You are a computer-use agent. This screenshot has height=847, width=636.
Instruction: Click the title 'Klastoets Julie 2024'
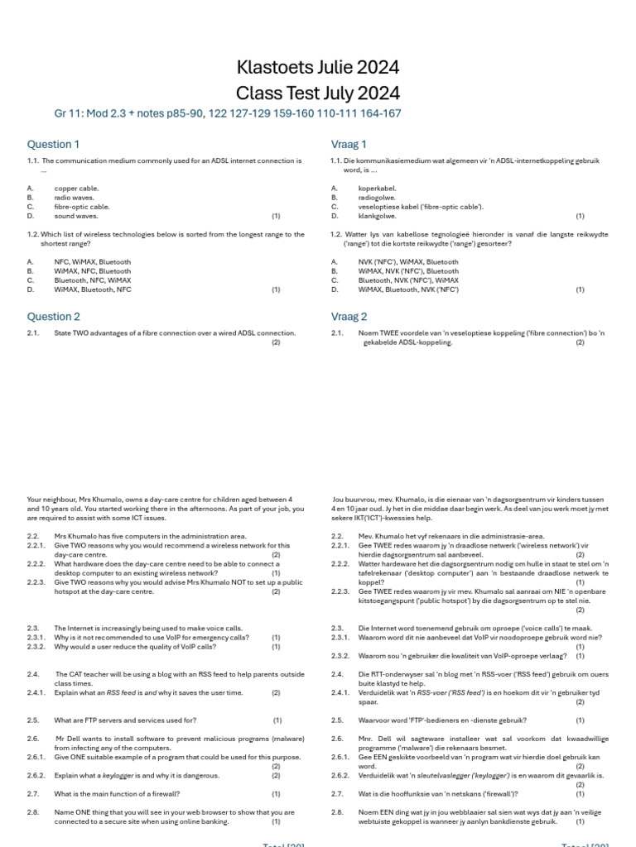[318, 67]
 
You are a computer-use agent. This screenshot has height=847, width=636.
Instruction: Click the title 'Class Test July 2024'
[318, 93]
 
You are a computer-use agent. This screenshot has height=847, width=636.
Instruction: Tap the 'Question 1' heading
[54, 144]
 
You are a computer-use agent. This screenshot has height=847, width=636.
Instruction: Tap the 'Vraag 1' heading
[349, 144]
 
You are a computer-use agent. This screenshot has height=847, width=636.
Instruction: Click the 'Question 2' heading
[54, 316]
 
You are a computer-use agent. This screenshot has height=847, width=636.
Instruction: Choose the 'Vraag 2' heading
[349, 316]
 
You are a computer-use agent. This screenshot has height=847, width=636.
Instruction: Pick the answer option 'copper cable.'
[76, 189]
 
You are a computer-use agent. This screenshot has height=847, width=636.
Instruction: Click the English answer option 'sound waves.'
[76, 216]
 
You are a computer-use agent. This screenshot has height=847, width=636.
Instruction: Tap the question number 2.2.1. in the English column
[37, 546]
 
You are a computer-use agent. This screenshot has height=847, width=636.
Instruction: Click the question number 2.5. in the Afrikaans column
[337, 720]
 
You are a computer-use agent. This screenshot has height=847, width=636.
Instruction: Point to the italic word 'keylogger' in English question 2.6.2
[118, 776]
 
